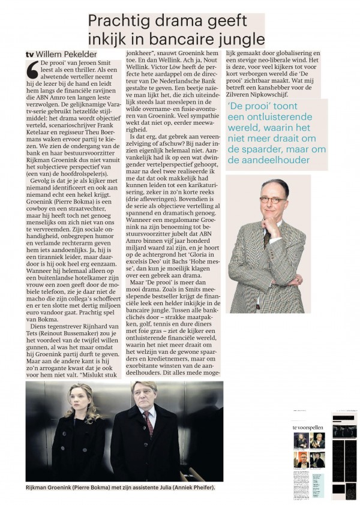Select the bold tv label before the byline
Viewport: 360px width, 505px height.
tap(29, 55)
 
